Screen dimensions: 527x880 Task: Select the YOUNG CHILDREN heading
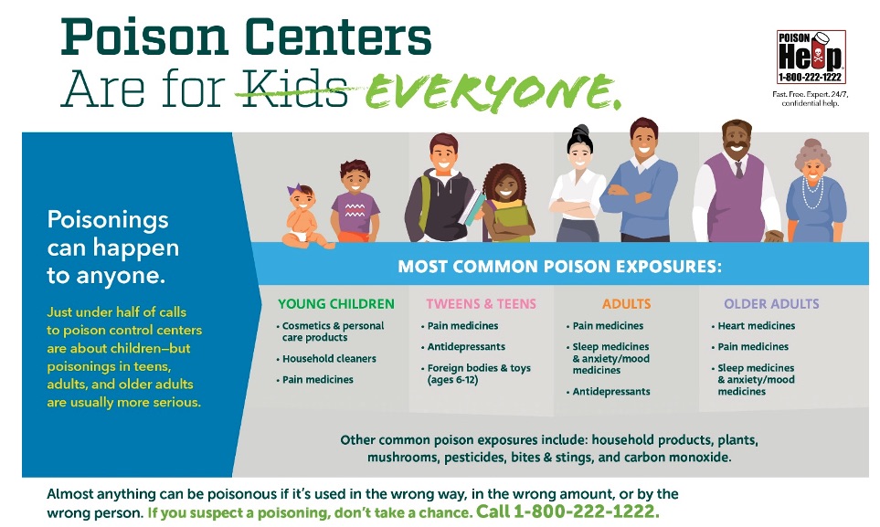(x=336, y=304)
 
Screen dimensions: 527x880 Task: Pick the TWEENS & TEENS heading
(x=481, y=304)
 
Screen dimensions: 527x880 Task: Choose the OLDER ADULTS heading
(x=771, y=304)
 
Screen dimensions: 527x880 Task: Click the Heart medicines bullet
(x=756, y=326)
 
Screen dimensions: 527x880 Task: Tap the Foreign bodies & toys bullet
(x=478, y=374)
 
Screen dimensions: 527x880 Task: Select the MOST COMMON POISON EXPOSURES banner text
(x=560, y=269)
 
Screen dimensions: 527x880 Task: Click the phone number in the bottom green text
(x=587, y=511)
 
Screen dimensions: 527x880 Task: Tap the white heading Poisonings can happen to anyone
(x=112, y=248)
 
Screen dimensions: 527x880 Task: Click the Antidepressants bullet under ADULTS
(x=611, y=392)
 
